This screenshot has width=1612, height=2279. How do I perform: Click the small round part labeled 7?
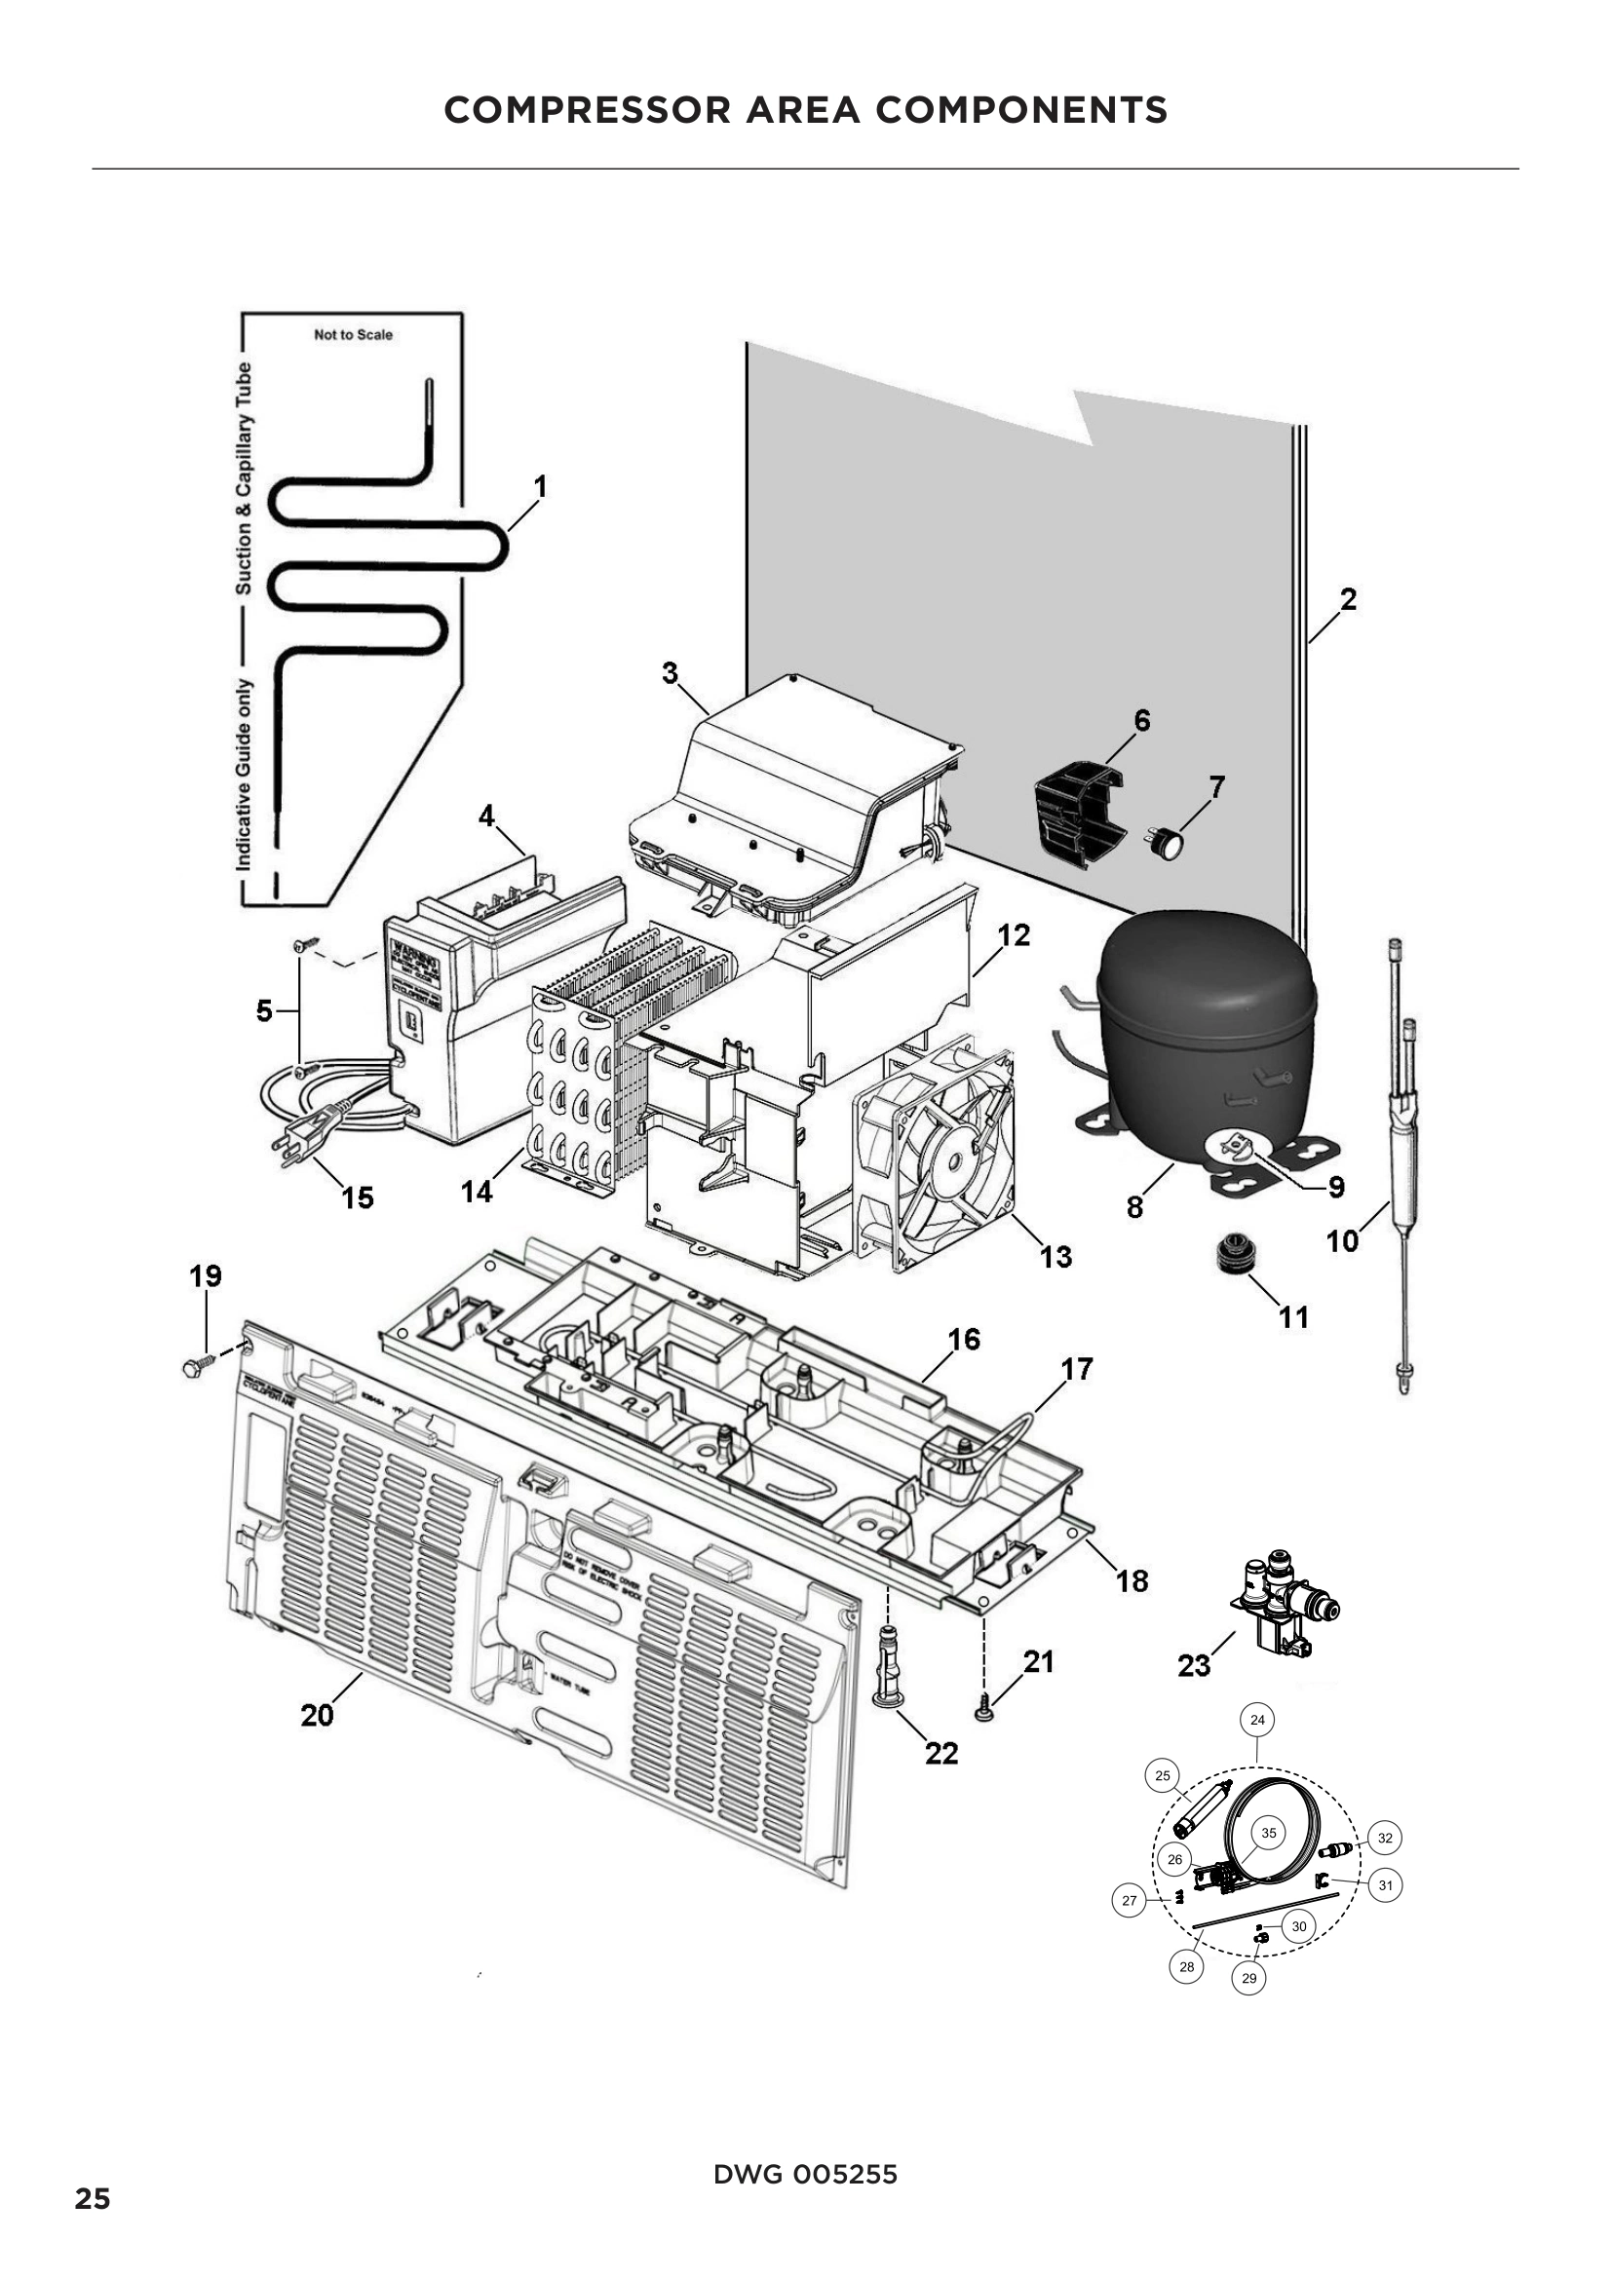click(x=1171, y=844)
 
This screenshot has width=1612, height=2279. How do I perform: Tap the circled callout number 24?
click(x=1257, y=1720)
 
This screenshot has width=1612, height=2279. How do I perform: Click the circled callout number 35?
click(x=1269, y=1834)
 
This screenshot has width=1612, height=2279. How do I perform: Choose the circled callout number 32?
click(x=1385, y=1839)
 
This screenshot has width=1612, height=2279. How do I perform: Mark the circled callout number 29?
click(x=1248, y=1978)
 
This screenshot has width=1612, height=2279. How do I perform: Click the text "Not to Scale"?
click(x=354, y=335)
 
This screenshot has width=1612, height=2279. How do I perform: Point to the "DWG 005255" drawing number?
click(x=805, y=2175)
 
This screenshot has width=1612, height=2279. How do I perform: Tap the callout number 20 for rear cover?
click(x=317, y=1715)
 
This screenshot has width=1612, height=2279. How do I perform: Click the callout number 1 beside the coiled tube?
click(x=540, y=486)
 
